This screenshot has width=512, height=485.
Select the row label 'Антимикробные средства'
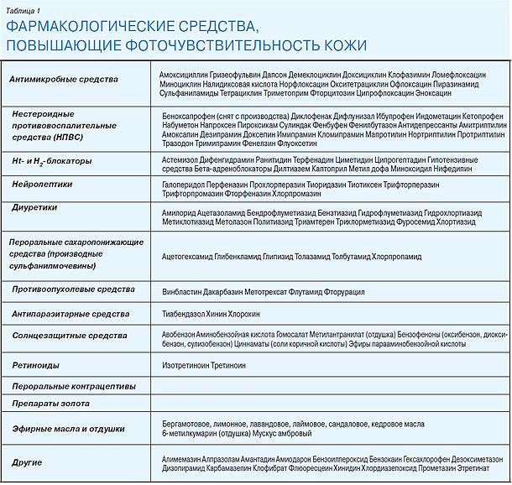point(63,80)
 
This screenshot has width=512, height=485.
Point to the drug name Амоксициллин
point(183,75)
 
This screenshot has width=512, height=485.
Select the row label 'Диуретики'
point(34,206)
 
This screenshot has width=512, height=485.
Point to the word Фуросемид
point(428,222)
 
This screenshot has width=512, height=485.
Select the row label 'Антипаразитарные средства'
point(71,314)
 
